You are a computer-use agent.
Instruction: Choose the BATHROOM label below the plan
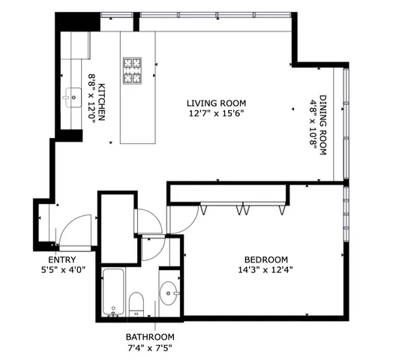151,337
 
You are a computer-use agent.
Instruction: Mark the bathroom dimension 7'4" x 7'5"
151,347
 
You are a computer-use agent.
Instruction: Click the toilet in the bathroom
136,304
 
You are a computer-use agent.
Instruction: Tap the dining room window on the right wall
345,124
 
